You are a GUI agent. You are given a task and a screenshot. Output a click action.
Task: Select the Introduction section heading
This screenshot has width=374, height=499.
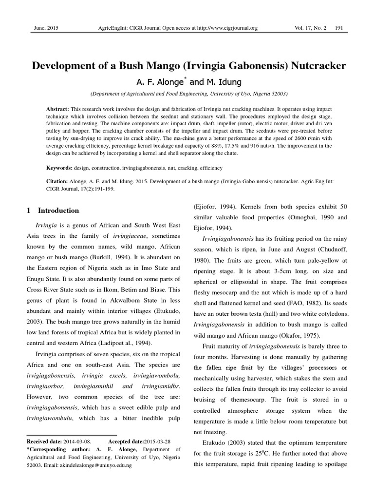click(58, 211)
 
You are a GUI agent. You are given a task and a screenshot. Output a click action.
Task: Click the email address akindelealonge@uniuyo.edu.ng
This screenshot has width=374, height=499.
click(95, 465)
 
